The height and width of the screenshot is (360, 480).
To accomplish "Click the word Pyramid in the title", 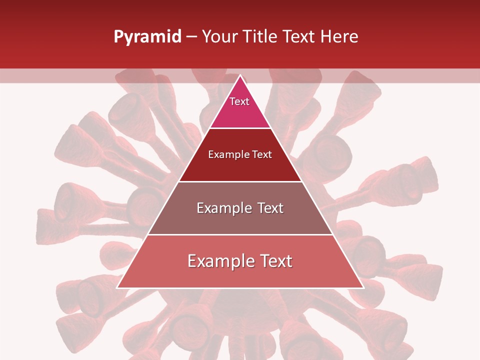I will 147,37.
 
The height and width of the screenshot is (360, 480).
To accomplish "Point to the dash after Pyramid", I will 191,37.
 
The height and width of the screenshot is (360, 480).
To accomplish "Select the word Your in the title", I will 218,37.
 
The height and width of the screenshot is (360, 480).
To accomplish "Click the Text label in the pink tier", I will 239,101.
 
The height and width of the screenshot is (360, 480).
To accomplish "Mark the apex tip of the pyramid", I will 240,75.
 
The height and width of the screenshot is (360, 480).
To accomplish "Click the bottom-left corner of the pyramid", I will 117,287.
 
